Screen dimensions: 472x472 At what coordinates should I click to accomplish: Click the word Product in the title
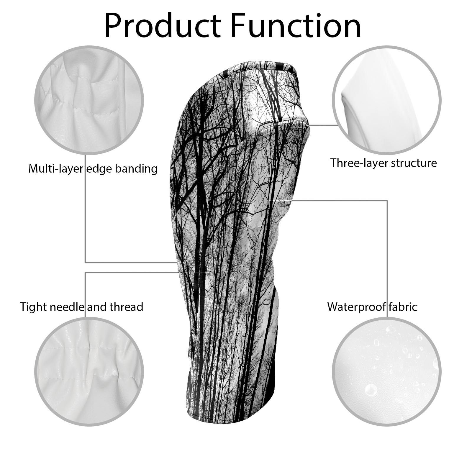[163, 26]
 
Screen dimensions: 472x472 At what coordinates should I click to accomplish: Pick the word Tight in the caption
[33, 307]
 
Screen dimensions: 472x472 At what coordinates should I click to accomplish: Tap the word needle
[67, 307]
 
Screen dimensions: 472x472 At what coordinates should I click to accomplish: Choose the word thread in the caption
[126, 307]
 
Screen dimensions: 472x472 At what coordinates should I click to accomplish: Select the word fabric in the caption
[402, 307]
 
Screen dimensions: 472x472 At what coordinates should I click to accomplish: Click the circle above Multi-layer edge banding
[89, 100]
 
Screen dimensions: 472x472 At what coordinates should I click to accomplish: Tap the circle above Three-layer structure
[386, 100]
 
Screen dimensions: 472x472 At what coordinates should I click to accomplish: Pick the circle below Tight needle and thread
[89, 371]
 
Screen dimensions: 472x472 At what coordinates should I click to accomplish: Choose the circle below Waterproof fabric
[386, 371]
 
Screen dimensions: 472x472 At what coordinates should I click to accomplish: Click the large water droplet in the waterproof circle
[371, 390]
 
